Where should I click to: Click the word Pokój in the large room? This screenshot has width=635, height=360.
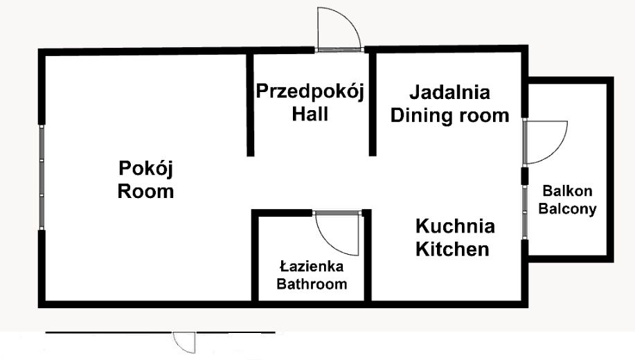coord(145,168)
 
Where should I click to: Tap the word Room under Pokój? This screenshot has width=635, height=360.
coord(145,191)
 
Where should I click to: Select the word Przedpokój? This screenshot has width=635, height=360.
coord(310,92)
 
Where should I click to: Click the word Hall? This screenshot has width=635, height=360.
coord(310,114)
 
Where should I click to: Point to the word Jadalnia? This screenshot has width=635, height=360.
coord(449,92)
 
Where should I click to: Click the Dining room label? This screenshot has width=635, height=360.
coord(449,115)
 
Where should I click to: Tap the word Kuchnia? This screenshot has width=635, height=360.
coord(455,226)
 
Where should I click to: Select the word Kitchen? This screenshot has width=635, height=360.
coord(452,249)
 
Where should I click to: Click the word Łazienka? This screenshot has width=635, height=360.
coord(311,267)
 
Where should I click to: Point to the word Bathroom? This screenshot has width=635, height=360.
coord(311,284)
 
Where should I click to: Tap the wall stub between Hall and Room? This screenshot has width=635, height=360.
coord(248,104)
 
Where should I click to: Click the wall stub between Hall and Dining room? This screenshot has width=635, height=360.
coord(372,104)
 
